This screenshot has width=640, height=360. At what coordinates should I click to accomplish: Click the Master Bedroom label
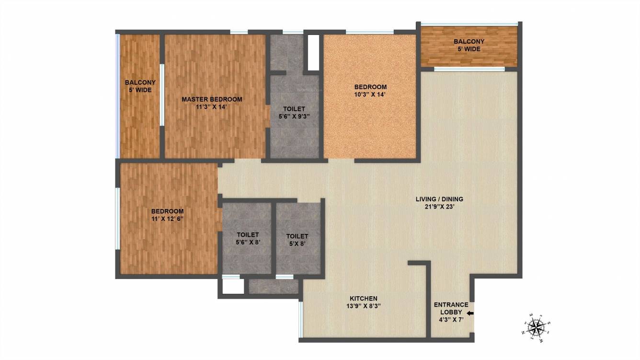(212, 99)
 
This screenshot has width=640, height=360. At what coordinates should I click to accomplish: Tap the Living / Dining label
(439, 199)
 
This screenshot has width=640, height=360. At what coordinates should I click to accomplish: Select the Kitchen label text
(363, 299)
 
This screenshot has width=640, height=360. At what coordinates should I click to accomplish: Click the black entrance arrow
(470, 314)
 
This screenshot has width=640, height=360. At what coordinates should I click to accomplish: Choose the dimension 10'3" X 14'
(370, 94)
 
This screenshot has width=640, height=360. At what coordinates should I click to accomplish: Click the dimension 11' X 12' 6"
(167, 219)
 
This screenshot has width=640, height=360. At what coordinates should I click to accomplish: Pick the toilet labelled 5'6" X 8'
(248, 238)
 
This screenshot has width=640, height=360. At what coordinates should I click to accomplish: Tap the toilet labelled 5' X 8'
(297, 240)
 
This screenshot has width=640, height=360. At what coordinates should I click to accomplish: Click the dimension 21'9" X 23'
(439, 207)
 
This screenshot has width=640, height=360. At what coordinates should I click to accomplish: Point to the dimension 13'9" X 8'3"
(363, 306)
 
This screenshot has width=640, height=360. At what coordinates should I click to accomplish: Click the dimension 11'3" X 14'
(212, 107)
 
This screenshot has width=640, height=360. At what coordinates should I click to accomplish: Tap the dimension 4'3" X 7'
(451, 320)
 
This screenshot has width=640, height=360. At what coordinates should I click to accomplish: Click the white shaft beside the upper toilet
(313, 52)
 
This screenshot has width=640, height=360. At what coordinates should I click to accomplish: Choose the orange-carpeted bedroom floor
(370, 125)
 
